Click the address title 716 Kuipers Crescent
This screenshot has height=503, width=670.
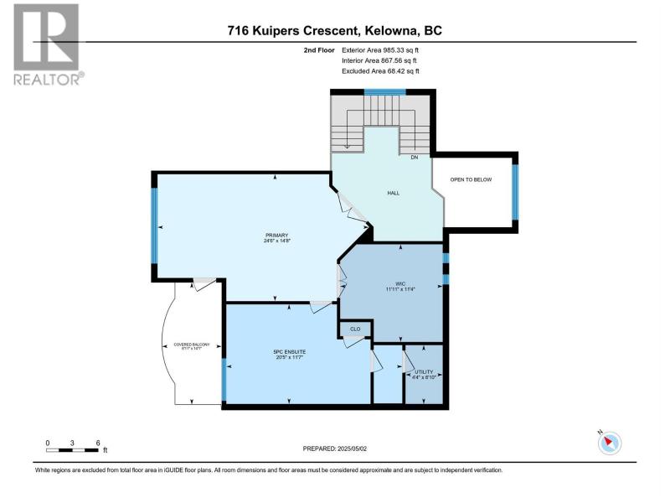[335, 31]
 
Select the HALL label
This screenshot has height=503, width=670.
[393, 193]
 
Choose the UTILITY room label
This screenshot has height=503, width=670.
[423, 372]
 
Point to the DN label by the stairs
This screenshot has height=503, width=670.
[414, 158]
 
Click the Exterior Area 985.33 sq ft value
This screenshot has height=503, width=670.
[379, 50]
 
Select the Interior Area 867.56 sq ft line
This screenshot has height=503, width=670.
[379, 61]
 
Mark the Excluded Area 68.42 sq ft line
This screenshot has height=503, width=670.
[379, 71]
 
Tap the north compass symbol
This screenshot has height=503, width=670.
[612, 443]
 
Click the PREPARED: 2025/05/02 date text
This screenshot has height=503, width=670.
[335, 449]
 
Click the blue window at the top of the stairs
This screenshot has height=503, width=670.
[384, 91]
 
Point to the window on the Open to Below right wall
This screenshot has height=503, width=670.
[516, 190]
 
